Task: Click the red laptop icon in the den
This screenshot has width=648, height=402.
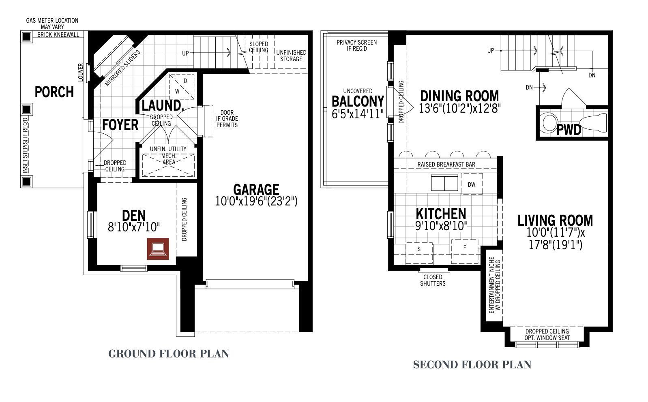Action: (158, 249)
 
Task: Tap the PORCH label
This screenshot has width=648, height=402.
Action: (54, 92)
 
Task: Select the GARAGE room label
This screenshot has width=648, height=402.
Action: (256, 190)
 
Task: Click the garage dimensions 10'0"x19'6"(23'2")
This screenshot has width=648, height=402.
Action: (256, 201)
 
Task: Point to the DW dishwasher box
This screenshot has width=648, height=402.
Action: (472, 184)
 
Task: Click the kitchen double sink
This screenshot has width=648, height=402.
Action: (444, 183)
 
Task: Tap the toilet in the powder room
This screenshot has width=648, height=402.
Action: (593, 122)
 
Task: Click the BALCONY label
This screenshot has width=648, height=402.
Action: (358, 101)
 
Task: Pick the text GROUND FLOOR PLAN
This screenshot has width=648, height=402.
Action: (169, 354)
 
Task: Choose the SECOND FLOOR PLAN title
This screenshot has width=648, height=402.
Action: (472, 365)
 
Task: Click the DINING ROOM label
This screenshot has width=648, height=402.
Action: (459, 96)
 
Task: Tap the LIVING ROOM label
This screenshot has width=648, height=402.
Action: (555, 220)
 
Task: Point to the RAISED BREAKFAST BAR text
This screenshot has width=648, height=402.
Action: (446, 165)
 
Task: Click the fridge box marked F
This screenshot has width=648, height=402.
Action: (465, 251)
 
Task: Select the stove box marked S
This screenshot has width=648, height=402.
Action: (419, 253)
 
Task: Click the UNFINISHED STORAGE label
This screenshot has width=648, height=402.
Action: (291, 56)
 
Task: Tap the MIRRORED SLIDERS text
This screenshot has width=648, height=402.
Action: (122, 68)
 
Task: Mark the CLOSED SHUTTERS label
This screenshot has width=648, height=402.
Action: (433, 280)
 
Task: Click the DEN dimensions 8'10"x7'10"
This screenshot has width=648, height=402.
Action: (134, 227)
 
